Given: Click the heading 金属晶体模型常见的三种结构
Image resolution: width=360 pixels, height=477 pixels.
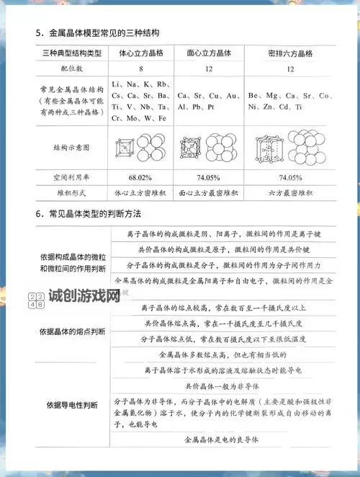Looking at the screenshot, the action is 104,33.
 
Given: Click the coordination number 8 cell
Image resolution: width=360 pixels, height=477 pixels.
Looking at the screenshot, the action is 140,69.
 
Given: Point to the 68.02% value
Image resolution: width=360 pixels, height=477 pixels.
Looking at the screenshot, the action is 140,177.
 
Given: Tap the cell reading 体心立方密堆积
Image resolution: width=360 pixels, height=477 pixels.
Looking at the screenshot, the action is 140,193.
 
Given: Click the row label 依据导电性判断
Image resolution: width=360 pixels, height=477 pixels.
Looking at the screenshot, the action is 72,405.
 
